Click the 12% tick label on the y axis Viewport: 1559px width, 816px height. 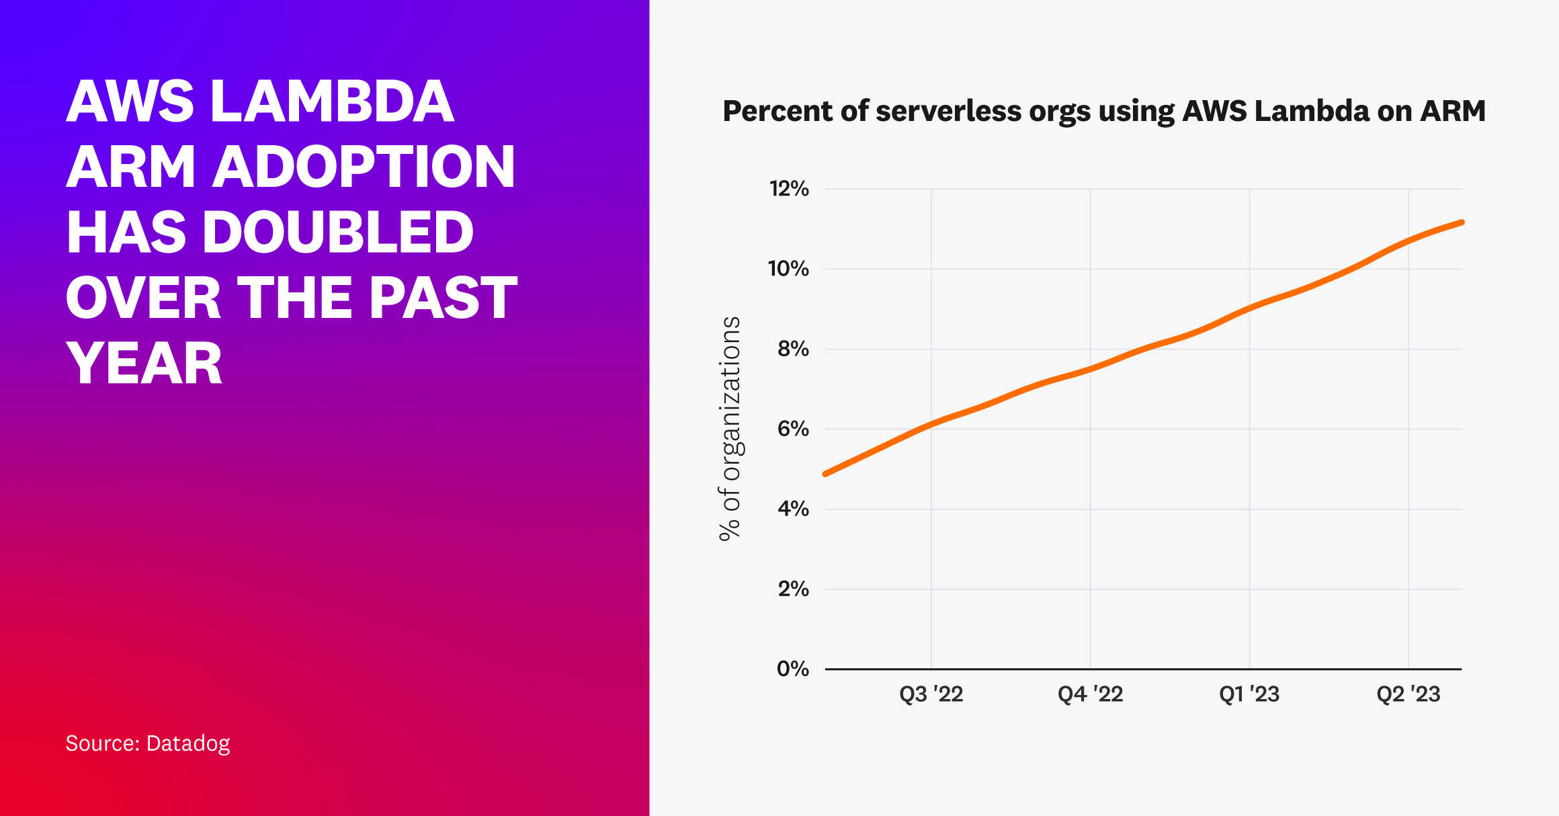click(x=789, y=189)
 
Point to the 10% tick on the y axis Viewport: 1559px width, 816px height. click(x=788, y=269)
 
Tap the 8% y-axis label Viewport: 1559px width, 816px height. click(x=793, y=349)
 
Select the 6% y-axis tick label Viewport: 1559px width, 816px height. click(x=793, y=429)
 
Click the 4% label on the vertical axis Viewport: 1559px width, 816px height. click(x=793, y=509)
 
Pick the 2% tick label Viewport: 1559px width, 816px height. click(x=793, y=589)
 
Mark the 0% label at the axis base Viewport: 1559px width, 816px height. click(x=793, y=669)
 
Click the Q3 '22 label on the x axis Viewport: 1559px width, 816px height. click(x=931, y=694)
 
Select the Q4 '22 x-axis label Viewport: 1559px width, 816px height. click(x=1090, y=694)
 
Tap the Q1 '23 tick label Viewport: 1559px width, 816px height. click(x=1249, y=694)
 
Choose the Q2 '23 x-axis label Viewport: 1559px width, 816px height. click(x=1408, y=694)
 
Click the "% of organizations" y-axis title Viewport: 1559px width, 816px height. click(x=730, y=429)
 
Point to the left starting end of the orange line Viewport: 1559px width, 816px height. click(x=826, y=474)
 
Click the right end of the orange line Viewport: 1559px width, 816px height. click(x=1462, y=222)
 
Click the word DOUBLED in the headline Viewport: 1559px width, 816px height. click(x=338, y=233)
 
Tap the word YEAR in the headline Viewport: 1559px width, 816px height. click(x=144, y=364)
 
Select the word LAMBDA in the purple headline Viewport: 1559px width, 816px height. click(x=333, y=102)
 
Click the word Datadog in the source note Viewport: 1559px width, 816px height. click(x=188, y=743)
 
